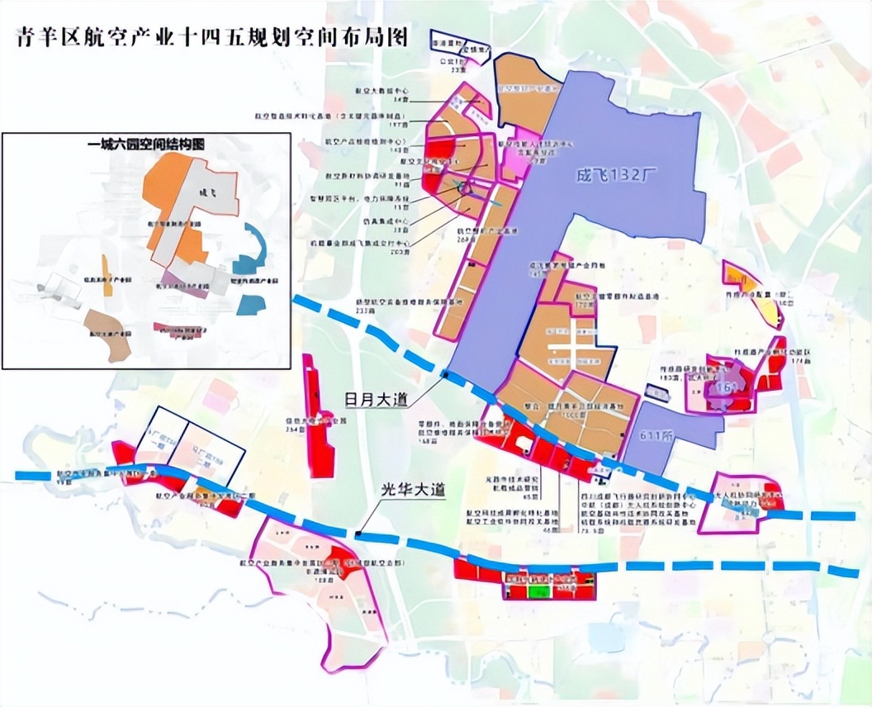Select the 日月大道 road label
tap(376, 400)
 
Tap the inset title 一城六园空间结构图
tap(147, 144)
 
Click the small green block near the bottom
tap(538, 591)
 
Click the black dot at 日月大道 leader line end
tap(446, 375)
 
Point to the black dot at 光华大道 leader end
tap(358, 535)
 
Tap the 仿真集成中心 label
tap(392, 221)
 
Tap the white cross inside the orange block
tap(571, 349)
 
